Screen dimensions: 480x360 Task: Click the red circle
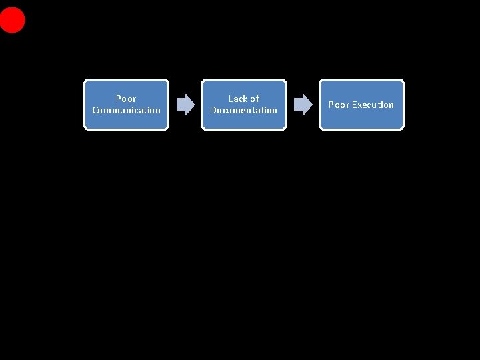point(12,20)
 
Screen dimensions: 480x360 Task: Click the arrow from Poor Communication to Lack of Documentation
point(184,104)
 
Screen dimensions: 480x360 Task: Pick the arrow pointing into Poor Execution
point(302,104)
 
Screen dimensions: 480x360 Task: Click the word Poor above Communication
point(126,99)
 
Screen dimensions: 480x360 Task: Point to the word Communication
point(126,110)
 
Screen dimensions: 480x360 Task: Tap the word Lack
point(238,99)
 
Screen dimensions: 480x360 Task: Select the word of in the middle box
point(254,99)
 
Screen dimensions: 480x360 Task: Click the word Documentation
point(243,110)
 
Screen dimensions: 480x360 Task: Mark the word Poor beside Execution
point(339,105)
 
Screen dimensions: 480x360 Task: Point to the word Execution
point(373,105)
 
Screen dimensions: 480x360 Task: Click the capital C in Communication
point(95,110)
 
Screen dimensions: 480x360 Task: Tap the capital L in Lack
point(231,99)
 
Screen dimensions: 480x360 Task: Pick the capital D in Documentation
point(213,110)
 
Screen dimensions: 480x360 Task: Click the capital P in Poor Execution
point(331,105)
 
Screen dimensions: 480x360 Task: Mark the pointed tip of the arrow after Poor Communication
point(193,104)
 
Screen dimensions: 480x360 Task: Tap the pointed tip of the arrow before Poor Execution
point(311,104)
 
